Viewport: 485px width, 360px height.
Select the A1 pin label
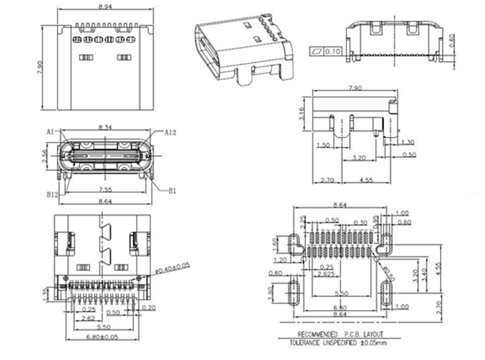tap(50, 130)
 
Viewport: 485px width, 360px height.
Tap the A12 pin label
tap(172, 130)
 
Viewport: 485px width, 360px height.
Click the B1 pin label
tap(173, 188)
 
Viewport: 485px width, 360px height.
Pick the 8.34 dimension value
tap(106, 127)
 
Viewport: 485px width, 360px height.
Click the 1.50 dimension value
tap(321, 145)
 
